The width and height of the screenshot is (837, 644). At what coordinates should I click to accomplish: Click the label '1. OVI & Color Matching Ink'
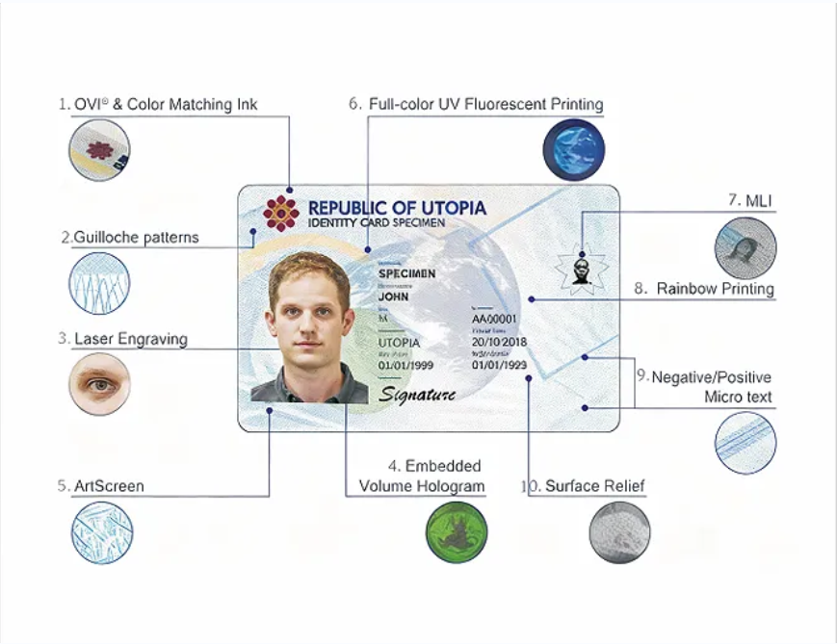click(x=158, y=104)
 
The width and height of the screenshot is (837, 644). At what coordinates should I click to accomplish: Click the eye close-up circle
click(x=99, y=384)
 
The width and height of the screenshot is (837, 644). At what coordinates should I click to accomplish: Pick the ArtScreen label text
click(x=108, y=486)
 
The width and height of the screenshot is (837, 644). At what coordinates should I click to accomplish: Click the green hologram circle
click(x=458, y=531)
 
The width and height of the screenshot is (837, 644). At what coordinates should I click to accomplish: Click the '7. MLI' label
click(x=751, y=200)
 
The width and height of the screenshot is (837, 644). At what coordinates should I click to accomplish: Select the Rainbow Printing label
click(x=715, y=288)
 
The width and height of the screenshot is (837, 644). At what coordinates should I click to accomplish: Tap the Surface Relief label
click(x=584, y=486)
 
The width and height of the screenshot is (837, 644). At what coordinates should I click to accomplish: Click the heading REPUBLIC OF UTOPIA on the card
click(x=397, y=208)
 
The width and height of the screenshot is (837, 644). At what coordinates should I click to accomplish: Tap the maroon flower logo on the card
click(x=281, y=213)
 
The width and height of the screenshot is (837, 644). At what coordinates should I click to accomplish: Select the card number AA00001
click(x=494, y=319)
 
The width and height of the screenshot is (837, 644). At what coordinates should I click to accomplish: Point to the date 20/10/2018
click(x=499, y=343)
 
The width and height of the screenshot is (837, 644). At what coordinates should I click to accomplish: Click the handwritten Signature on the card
click(x=417, y=395)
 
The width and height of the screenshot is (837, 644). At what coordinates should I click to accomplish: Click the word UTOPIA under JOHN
click(x=400, y=343)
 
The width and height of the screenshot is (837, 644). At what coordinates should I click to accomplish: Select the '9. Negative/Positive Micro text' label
click(x=711, y=387)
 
